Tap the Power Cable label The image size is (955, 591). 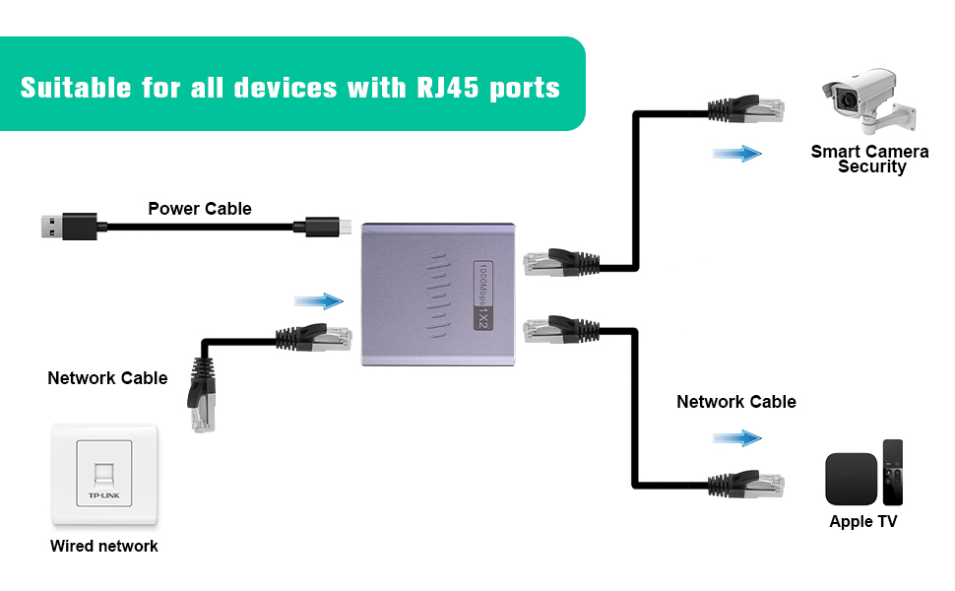(x=200, y=209)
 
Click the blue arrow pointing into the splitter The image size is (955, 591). (x=319, y=300)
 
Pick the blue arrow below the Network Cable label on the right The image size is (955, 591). (x=737, y=437)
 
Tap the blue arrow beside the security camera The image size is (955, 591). (x=737, y=154)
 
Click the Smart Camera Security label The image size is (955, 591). (x=870, y=160)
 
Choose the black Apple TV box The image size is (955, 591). (x=851, y=479)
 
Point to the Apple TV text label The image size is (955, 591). (x=863, y=522)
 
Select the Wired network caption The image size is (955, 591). (x=104, y=546)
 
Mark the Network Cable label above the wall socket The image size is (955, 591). (x=107, y=378)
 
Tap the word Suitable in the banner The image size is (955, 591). (x=75, y=87)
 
